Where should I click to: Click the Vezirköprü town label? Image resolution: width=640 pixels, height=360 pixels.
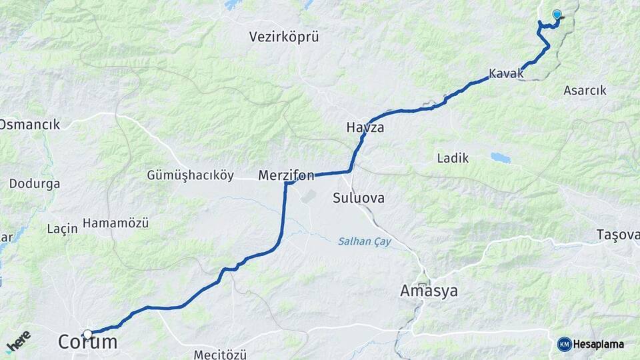(x=284, y=37)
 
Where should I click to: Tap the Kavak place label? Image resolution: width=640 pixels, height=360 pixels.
(x=506, y=74)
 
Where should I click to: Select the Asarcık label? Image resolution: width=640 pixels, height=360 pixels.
(x=585, y=90)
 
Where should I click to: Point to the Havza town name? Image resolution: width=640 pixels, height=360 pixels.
(x=365, y=127)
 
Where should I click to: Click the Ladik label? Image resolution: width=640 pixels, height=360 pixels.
(x=453, y=159)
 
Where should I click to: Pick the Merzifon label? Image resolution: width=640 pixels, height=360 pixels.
(x=286, y=176)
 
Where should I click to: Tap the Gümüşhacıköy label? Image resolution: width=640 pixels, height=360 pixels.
(x=190, y=176)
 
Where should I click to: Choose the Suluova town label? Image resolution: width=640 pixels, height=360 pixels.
(x=359, y=199)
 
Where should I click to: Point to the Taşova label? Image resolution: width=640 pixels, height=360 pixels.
(x=618, y=235)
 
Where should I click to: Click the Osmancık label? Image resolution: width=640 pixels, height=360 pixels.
(x=30, y=125)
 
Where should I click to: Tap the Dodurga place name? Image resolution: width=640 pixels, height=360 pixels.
(x=35, y=183)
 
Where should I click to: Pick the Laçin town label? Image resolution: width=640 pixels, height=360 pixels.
(x=63, y=229)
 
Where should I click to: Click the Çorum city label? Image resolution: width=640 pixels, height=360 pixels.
(x=87, y=343)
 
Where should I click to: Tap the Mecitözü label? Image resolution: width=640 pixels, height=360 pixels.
(x=221, y=354)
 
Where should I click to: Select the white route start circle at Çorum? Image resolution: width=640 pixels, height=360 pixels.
(x=87, y=333)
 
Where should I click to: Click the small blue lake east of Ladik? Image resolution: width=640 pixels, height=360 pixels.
(x=500, y=158)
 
